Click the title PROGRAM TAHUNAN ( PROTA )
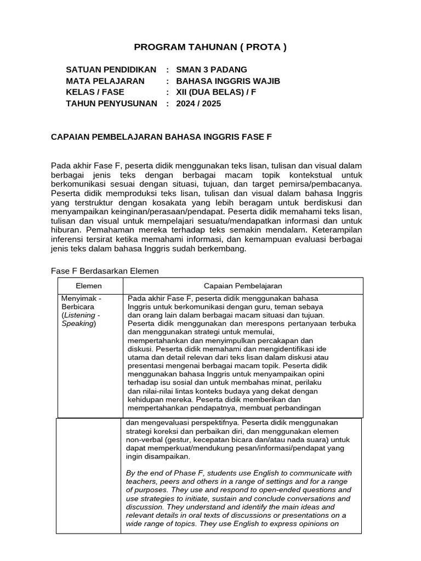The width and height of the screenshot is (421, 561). pos(210,47)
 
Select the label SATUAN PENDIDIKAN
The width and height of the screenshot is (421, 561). pos(111,70)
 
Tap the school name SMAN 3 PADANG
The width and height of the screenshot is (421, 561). pos(212,70)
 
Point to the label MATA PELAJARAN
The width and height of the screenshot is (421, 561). pos(105,81)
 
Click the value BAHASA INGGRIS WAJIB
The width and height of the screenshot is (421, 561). pos(228,81)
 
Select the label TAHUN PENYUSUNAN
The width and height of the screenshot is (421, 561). pos(111,103)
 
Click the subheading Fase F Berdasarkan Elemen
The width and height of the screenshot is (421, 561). pos(105,271)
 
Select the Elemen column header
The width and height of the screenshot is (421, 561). pos(89,285)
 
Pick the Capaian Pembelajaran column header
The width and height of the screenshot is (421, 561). pos(243,285)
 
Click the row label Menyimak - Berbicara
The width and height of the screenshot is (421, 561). pos(82,302)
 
